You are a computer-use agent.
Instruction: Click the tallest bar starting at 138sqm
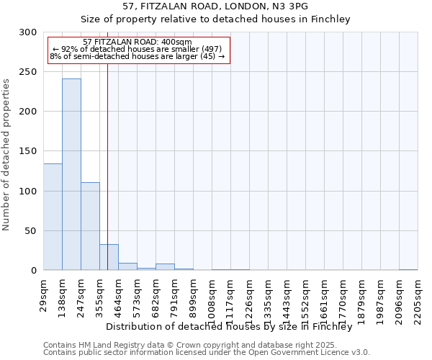click(x=71, y=174)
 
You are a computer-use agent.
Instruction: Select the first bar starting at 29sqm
click(x=53, y=217)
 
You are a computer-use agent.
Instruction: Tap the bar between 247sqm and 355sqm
click(x=90, y=226)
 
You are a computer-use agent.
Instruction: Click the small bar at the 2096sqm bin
click(x=408, y=269)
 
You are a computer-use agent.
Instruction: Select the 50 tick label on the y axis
click(x=30, y=231)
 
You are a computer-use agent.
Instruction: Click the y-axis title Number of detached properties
click(x=7, y=155)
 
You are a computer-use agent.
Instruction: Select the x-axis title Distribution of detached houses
click(x=233, y=326)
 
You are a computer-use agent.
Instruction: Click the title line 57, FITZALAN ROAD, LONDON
click(x=215, y=6)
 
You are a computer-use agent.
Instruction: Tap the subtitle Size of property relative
click(x=215, y=19)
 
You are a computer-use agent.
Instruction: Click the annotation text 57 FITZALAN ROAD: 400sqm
click(x=137, y=42)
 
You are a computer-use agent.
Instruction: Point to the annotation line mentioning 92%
click(x=137, y=49)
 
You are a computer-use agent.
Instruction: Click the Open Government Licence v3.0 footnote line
click(x=207, y=353)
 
